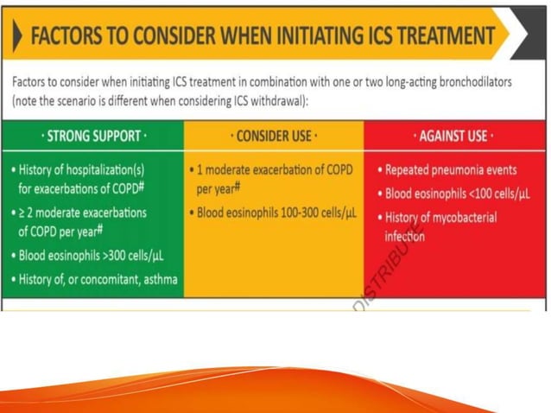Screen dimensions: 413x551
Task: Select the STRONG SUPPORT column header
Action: (x=95, y=136)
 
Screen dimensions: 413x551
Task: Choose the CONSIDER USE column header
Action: (x=275, y=136)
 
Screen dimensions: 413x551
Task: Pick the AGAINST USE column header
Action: (x=454, y=136)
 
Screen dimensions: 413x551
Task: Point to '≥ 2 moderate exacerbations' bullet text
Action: (x=82, y=213)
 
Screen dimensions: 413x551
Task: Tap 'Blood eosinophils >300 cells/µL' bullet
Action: (x=92, y=256)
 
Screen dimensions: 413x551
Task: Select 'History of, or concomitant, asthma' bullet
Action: (x=98, y=278)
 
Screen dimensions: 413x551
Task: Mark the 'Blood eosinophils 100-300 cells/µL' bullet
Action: (x=276, y=213)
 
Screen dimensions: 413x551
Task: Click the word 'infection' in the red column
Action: (x=404, y=236)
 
